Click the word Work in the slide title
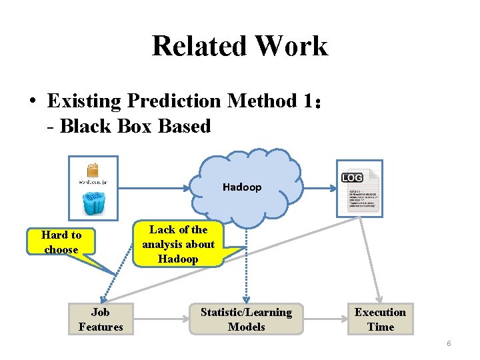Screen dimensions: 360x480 pos(291,46)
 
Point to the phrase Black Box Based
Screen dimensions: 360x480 pos(135,126)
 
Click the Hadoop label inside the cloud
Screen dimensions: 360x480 pos(242,187)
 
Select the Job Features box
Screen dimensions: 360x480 pos(101,319)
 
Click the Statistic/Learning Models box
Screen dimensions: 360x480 pos(246,319)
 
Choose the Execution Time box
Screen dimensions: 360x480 pos(380,319)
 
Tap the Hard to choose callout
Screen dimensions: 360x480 pos(61,242)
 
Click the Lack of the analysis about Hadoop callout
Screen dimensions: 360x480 pos(178,244)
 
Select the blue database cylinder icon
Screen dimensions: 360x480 pos(93,201)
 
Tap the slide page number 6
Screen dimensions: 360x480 pos(449,343)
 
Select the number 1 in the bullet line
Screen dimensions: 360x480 pos(306,101)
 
